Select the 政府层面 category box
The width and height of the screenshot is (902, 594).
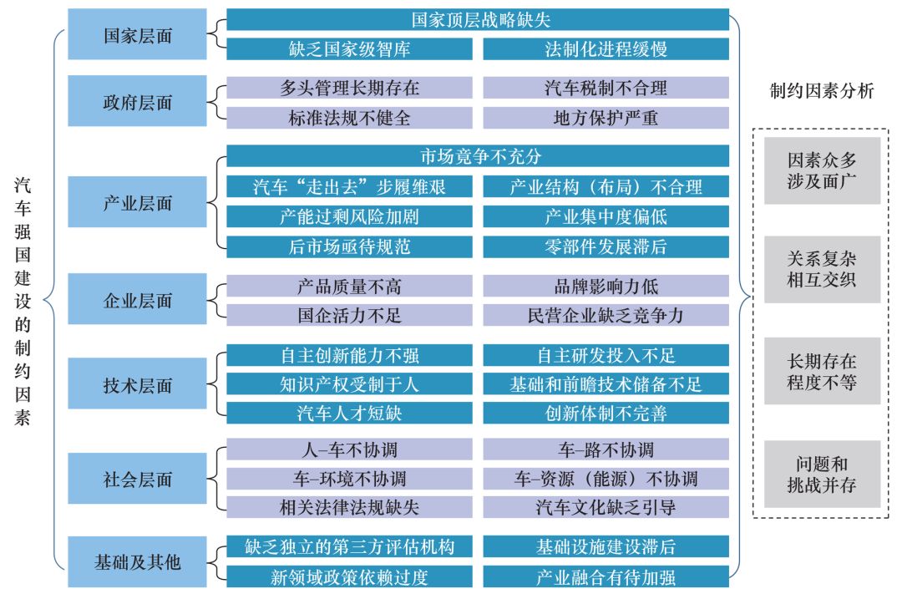tap(138, 102)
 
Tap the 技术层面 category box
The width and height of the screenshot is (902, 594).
tap(138, 385)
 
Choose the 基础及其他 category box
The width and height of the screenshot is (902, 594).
tap(138, 562)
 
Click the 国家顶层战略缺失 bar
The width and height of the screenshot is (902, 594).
tap(478, 19)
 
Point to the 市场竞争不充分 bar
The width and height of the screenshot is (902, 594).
tap(478, 156)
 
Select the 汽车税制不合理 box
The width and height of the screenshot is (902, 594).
tap(606, 88)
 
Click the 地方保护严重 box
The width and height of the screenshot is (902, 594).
tap(606, 117)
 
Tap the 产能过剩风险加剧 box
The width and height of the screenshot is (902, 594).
tap(349, 217)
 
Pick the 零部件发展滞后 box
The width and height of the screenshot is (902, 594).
tap(606, 246)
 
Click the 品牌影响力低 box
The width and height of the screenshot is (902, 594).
tap(606, 287)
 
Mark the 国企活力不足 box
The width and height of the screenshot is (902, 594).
tap(349, 315)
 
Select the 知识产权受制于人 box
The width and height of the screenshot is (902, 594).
tap(349, 384)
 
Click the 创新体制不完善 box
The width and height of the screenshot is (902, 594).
tap(606, 413)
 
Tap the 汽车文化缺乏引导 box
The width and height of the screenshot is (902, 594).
tap(606, 507)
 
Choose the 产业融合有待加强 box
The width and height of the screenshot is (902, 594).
tap(606, 576)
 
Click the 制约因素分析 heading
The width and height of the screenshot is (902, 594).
tap(821, 91)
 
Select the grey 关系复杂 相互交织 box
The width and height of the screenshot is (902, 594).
tap(822, 269)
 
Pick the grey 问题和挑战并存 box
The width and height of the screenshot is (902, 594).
tap(822, 475)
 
